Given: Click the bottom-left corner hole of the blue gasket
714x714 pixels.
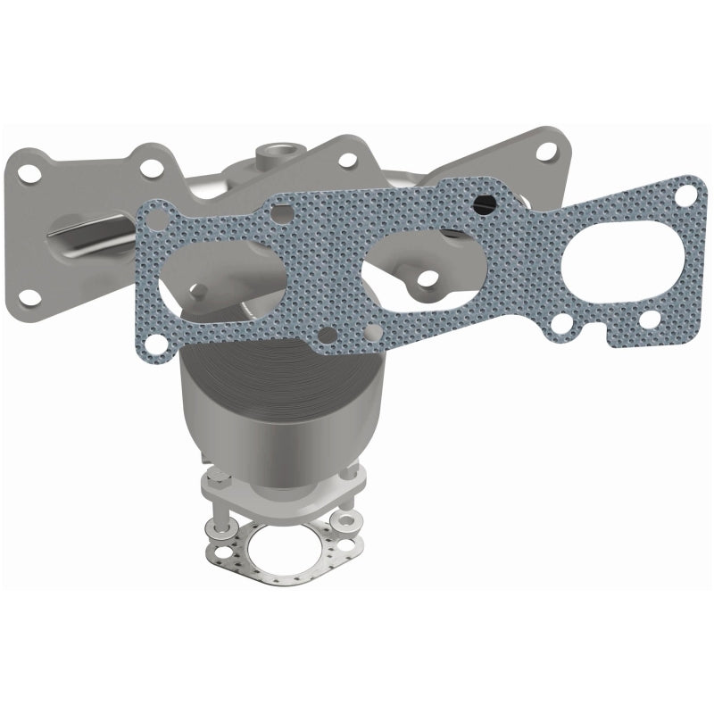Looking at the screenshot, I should pyautogui.click(x=155, y=342).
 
